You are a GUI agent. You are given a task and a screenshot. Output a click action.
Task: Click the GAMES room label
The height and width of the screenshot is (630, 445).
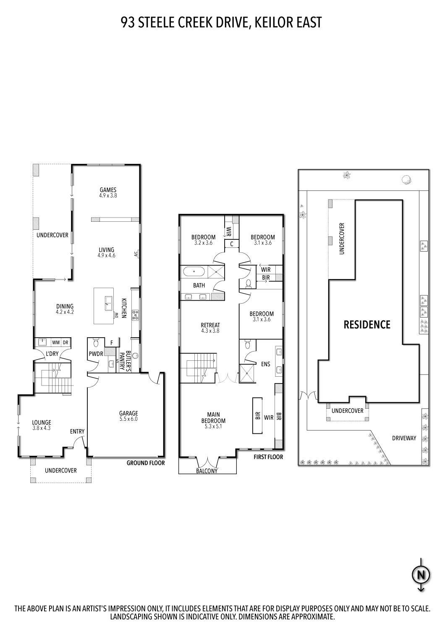point(108,189)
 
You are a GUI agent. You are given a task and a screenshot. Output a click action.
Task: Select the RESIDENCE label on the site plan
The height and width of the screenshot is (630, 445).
point(367,325)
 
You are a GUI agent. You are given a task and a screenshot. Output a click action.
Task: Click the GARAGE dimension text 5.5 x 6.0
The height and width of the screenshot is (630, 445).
point(128,419)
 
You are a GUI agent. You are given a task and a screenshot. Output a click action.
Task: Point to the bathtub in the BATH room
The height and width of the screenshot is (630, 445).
point(194,272)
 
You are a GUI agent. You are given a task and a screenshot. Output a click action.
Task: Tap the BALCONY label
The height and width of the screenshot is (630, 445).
point(207,471)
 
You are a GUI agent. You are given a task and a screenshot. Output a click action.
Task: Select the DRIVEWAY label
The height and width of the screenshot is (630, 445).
point(404,438)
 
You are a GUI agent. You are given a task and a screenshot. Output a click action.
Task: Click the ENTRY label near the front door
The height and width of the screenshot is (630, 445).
point(77,431)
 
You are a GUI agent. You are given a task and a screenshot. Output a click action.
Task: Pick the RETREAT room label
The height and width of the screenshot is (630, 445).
point(210,325)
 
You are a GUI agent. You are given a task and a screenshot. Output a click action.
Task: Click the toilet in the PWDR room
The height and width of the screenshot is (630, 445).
point(95,342)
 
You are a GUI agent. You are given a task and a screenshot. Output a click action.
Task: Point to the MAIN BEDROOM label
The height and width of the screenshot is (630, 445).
point(216,417)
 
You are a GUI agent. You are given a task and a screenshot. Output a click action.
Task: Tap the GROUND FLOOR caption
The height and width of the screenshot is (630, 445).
point(146,463)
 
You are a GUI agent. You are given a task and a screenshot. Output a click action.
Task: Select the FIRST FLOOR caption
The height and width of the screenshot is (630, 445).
point(268,457)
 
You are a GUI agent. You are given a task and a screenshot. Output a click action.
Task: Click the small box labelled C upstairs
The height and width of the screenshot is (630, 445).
point(231,244)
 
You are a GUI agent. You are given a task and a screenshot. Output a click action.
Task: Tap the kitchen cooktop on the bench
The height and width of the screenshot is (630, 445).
point(136,315)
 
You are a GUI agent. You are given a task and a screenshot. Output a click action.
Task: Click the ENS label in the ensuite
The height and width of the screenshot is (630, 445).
point(265,364)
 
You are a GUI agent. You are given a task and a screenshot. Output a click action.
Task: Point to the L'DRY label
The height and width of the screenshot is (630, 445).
point(52,354)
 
